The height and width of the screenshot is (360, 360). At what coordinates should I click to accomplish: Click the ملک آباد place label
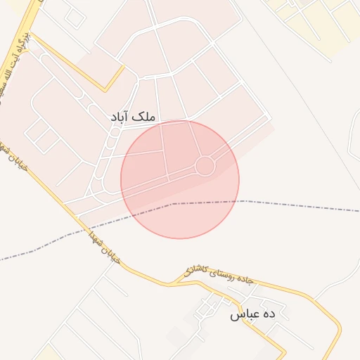click(133, 117)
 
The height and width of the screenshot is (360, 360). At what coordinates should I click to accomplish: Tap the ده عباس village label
click(252, 316)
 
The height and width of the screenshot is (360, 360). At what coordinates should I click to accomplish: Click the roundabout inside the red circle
click(205, 166)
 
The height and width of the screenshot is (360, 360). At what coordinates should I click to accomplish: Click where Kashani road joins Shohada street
click(169, 284)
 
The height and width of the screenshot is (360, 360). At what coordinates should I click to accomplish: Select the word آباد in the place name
click(121, 117)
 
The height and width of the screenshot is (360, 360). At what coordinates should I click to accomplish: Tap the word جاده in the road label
click(245, 282)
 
